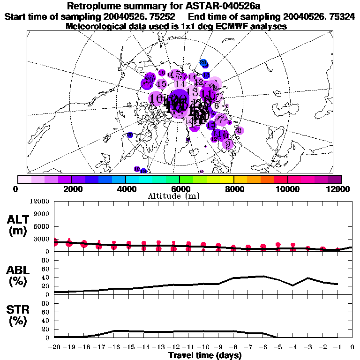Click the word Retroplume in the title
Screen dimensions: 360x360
coord(96,6)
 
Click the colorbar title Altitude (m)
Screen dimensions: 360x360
coord(180,196)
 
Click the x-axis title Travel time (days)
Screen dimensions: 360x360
coord(205,356)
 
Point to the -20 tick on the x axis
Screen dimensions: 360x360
coord(54,347)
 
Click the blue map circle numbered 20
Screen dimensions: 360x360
coord(203,62)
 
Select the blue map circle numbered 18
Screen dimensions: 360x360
coord(206,75)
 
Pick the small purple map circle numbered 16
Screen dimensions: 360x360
coord(162,73)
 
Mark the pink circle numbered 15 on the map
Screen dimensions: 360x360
coord(162,84)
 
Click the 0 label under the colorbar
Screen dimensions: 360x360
coord(16,189)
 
